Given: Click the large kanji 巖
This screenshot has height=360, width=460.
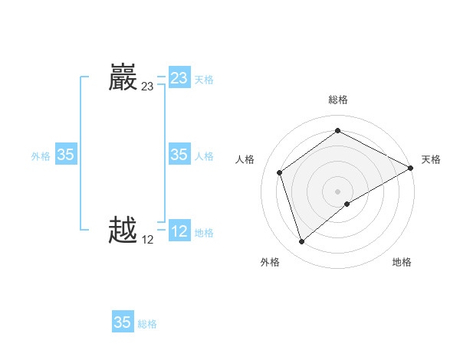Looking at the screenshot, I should [x=123, y=78].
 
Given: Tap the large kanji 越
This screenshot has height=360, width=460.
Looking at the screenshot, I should [x=123, y=231].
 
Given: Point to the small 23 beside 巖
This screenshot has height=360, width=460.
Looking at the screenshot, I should [x=147, y=87].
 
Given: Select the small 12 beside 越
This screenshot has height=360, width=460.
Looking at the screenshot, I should [x=147, y=240].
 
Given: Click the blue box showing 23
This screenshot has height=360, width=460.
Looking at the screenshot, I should [x=179, y=78].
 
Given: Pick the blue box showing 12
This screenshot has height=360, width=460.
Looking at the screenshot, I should [x=179, y=231].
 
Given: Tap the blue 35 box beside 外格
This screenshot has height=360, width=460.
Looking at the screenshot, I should [x=65, y=155].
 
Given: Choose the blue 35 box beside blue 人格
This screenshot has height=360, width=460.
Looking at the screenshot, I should [x=179, y=155].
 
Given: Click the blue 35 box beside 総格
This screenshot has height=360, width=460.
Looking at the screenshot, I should [x=122, y=322].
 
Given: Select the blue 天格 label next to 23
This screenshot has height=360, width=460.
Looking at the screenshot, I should [x=204, y=79].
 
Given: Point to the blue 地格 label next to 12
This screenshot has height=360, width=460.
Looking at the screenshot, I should [x=204, y=232].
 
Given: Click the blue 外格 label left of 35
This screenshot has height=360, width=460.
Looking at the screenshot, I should [x=41, y=155].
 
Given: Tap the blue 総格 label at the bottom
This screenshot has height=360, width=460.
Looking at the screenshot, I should [x=147, y=323].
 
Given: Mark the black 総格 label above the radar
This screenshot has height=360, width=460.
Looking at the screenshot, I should [x=338, y=100].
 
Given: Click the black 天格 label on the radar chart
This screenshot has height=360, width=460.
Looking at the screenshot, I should [x=431, y=159].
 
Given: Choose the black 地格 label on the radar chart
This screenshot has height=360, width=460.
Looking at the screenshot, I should [x=402, y=262].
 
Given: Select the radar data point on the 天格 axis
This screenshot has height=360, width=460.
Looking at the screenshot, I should [x=412, y=168].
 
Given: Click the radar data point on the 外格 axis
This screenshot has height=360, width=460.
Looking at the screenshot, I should [x=301, y=242].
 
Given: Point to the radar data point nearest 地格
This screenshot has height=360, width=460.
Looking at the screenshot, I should [x=347, y=204].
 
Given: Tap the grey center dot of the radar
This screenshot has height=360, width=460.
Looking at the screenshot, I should [x=338, y=191].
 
